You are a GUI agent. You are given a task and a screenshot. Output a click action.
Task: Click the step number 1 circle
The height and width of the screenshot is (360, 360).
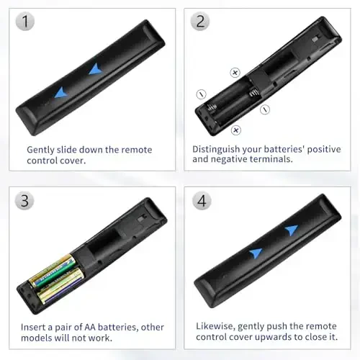coord(26,22)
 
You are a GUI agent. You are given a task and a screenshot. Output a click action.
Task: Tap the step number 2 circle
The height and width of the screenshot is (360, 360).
coord(200,22)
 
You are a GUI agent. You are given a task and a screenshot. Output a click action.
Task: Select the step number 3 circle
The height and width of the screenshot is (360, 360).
coord(26,199)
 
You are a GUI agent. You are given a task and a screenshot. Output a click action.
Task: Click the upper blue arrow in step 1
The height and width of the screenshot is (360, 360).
coord(94,69)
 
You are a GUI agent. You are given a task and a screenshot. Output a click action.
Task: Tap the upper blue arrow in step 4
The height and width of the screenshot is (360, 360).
coord(290,230)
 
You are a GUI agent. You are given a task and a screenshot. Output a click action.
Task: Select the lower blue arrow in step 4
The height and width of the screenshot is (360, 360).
coord(256,253)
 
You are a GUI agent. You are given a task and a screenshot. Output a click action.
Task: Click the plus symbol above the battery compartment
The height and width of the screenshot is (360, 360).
coord(234,73)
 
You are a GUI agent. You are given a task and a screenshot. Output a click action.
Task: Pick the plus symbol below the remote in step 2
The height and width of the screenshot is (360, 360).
coord(235,130)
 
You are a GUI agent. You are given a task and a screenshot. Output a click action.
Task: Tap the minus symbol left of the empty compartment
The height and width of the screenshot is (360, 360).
coord(201,94)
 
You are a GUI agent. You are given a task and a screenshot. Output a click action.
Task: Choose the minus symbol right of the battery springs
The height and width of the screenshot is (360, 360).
coord(265,109)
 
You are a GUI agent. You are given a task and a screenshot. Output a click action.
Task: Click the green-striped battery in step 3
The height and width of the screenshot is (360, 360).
coord(52,271)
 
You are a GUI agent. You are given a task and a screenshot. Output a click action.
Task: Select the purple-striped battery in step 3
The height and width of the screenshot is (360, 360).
coord(59,288)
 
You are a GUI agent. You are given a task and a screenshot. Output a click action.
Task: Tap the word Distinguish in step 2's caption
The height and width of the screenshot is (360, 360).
coord(216,149)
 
